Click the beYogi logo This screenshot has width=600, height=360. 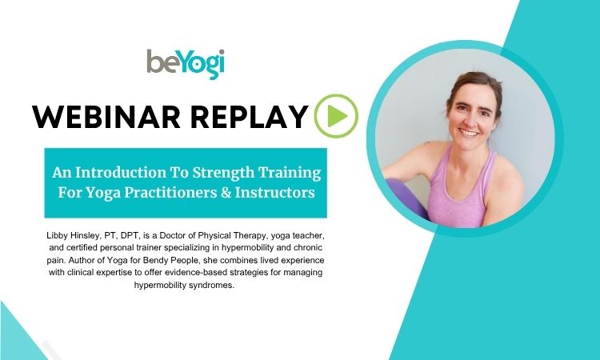point(186,63)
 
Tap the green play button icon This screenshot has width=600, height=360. point(336,116)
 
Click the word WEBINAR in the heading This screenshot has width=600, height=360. point(106,116)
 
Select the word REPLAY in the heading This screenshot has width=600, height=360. point(249,116)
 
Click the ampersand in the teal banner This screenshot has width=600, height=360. point(226,193)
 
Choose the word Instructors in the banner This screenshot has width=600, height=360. point(275,193)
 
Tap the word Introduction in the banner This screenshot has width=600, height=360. point(120,173)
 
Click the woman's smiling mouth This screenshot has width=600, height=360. point(469,133)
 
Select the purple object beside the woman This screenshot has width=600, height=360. point(406,198)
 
